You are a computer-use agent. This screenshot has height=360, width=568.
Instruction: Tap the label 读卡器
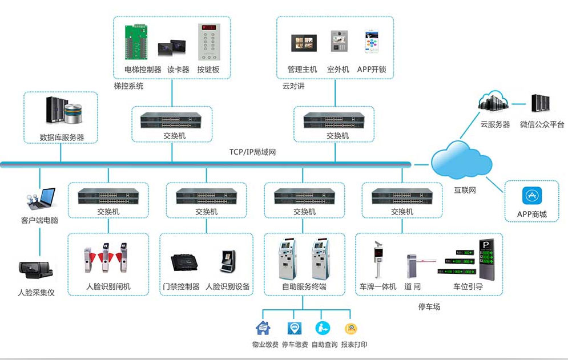178,70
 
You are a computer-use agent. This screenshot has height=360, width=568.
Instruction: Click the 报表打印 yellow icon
351,328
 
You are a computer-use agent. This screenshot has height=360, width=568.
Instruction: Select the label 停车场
429,307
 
